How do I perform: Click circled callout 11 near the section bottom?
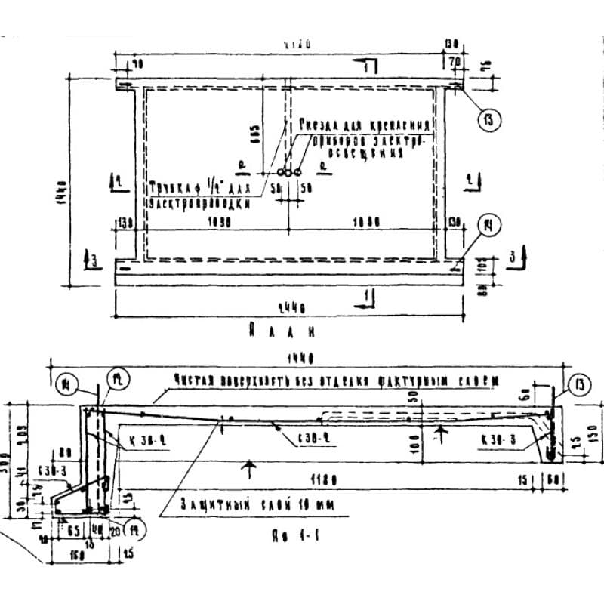pos(134,525)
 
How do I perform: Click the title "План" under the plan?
pos(280,330)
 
